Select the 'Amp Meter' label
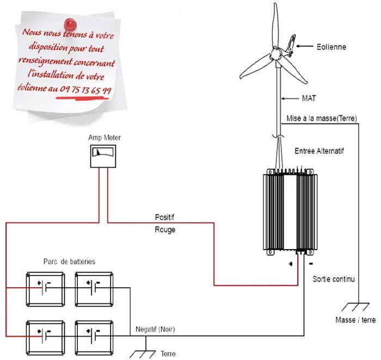104,138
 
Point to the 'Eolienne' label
331,47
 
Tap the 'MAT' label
297,99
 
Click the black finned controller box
288,210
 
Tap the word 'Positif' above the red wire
165,218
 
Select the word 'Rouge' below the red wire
165,230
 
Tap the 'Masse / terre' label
355,320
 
